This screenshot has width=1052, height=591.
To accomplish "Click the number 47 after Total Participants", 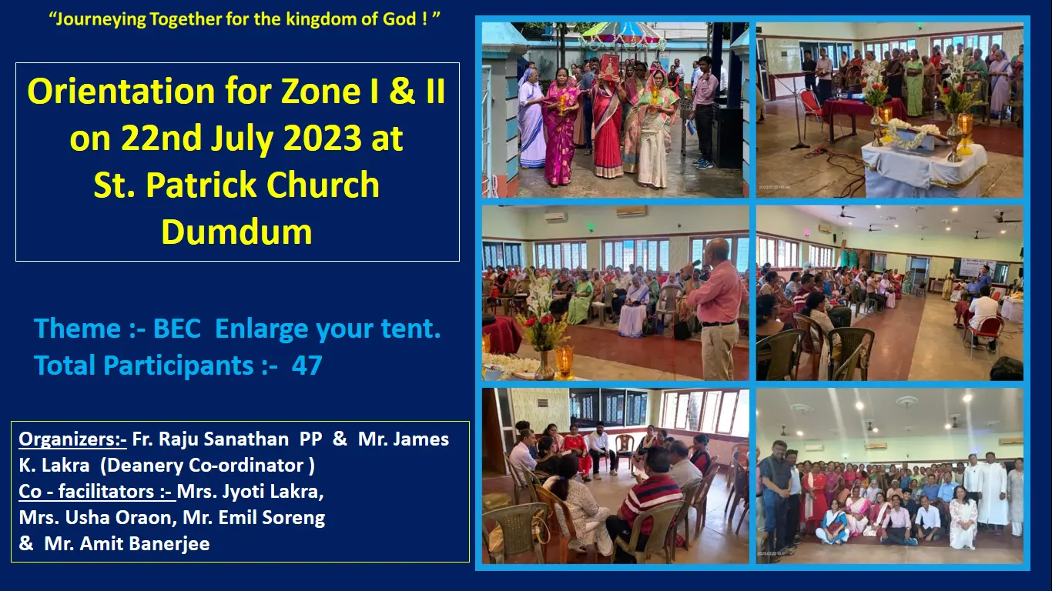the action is (307, 366).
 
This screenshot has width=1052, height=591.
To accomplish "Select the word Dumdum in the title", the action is (236, 232).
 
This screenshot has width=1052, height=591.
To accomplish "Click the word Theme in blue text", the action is (78, 328).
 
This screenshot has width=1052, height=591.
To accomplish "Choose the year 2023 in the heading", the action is (323, 138).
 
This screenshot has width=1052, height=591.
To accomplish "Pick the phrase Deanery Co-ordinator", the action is (207, 466).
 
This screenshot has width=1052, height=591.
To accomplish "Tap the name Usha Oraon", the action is (118, 517).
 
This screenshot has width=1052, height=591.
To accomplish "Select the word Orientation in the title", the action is (121, 91).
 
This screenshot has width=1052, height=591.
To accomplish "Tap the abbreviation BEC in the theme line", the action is (176, 328).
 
